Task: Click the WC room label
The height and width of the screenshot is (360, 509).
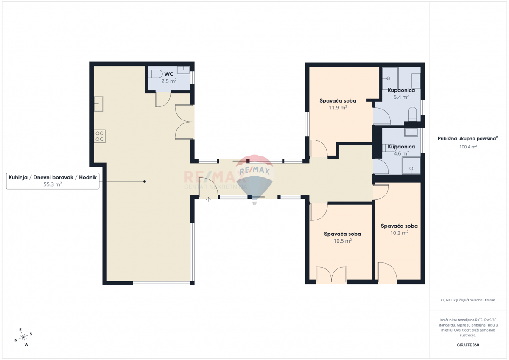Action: pyautogui.click(x=169, y=74)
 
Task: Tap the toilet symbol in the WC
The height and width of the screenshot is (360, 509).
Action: pyautogui.click(x=155, y=74)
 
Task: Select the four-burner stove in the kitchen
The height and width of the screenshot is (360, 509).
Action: pyautogui.click(x=100, y=136)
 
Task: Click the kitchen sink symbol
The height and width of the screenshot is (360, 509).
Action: pyautogui.click(x=99, y=103)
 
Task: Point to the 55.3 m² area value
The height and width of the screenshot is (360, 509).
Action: pyautogui.click(x=53, y=184)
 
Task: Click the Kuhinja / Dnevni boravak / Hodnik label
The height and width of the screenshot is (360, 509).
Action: pyautogui.click(x=53, y=177)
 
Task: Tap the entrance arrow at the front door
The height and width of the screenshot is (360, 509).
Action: pyautogui.click(x=208, y=199)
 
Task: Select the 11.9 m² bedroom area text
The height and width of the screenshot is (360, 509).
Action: pyautogui.click(x=338, y=108)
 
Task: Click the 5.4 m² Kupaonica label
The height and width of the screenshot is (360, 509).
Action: pyautogui.click(x=401, y=90)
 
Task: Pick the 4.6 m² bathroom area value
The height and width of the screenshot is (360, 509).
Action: pyautogui.click(x=401, y=153)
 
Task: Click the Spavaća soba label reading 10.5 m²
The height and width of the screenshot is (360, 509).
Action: pyautogui.click(x=342, y=234)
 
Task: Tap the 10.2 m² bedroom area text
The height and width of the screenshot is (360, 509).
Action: pyautogui.click(x=399, y=233)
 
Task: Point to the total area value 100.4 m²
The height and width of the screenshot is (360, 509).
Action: pyautogui.click(x=468, y=147)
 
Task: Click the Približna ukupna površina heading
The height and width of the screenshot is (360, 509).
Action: pyautogui.click(x=468, y=139)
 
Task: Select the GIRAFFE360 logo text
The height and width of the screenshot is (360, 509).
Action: pyautogui.click(x=468, y=345)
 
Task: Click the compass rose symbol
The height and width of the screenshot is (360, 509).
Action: pyautogui.click(x=23, y=337)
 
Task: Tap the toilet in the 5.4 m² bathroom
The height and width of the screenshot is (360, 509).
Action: pyautogui.click(x=413, y=114)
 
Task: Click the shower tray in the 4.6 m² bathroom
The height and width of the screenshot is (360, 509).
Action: pyautogui.click(x=411, y=165)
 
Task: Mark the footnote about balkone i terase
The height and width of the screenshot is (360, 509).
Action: pyautogui.click(x=468, y=300)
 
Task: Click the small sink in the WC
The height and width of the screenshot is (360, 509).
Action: pyautogui.click(x=183, y=70)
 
